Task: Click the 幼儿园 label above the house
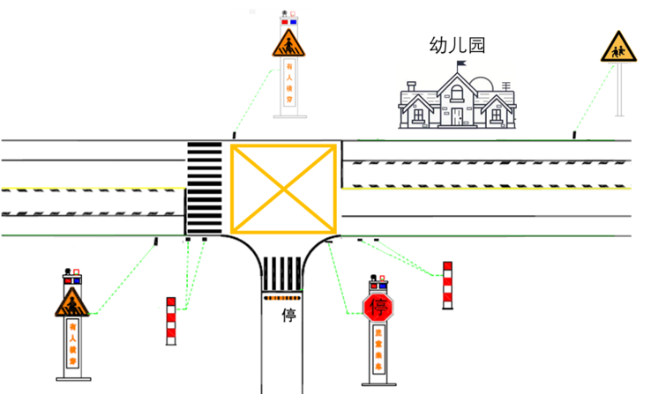[457, 46]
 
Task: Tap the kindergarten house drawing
[456, 101]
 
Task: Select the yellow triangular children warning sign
[619, 48]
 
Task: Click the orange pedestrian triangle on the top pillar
[289, 43]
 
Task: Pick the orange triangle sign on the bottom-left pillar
[71, 304]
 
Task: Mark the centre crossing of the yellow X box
[283, 186]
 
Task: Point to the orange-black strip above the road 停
[283, 298]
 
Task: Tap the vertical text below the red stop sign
[379, 353]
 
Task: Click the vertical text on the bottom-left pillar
[72, 345]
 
